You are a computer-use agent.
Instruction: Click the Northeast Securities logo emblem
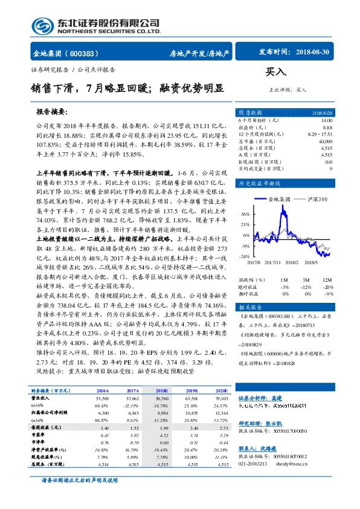(42, 25)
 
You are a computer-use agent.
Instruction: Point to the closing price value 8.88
(327, 128)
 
